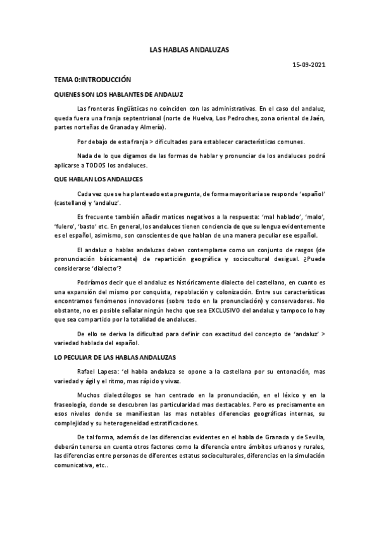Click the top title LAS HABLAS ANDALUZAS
click(189, 49)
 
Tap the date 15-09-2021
click(308, 65)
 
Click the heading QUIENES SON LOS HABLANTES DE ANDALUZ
click(118, 95)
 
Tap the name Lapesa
click(107, 371)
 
